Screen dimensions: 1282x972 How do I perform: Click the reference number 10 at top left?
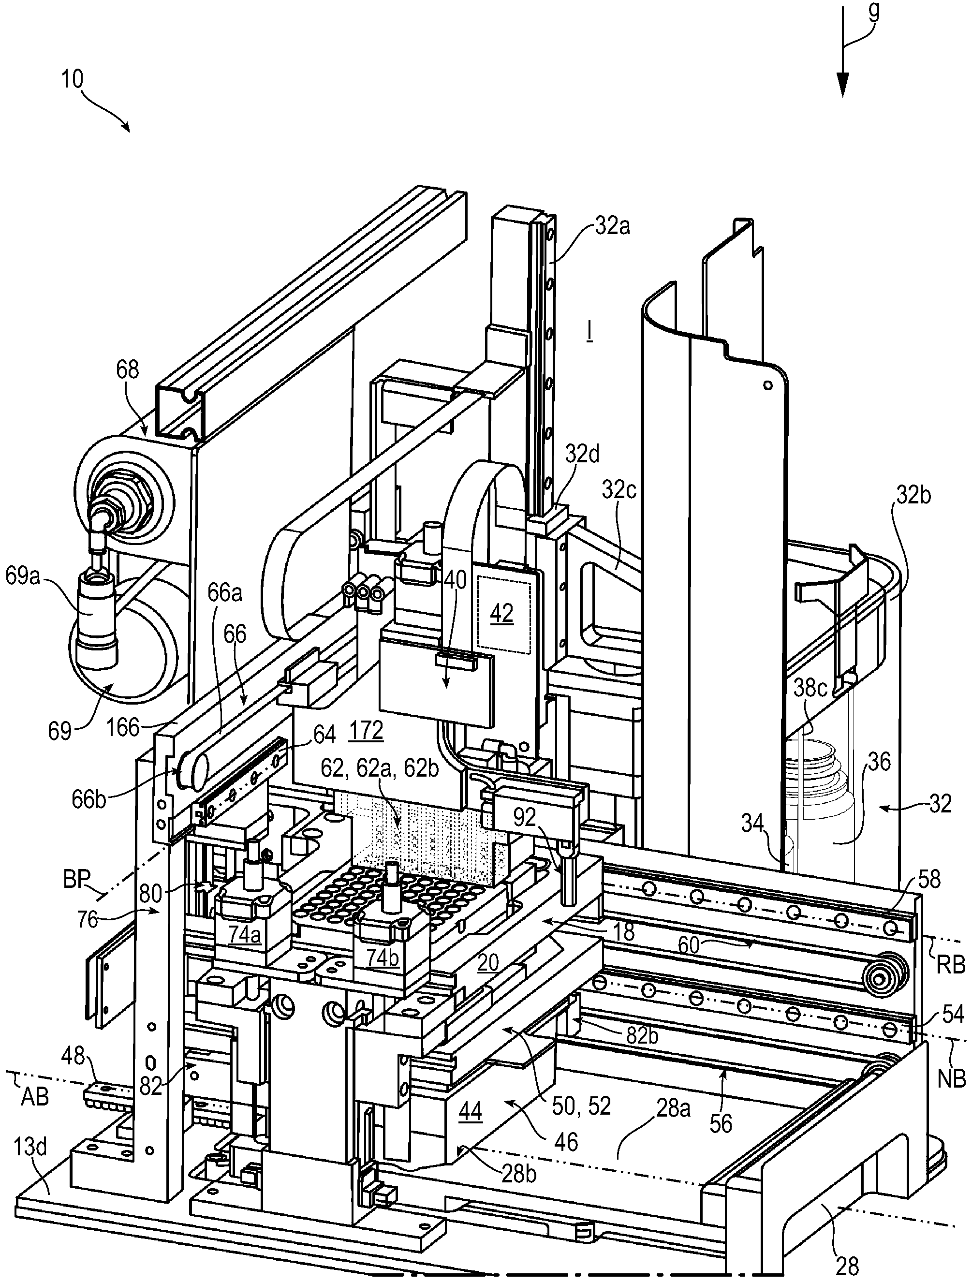[x=73, y=79]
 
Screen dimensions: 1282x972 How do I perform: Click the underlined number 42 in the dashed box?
[x=502, y=613]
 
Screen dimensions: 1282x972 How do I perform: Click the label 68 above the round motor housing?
[x=128, y=369]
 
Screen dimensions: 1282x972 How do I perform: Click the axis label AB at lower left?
[x=34, y=1097]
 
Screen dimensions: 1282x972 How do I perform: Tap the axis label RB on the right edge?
[x=951, y=965]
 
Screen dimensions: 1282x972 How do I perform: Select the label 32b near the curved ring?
[x=913, y=496]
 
